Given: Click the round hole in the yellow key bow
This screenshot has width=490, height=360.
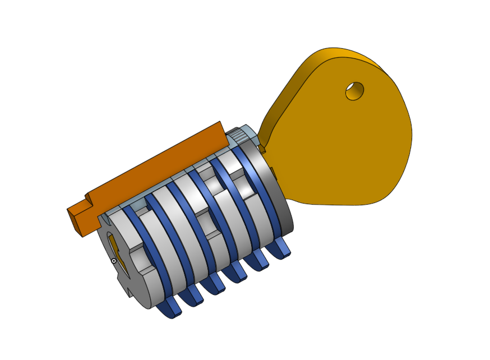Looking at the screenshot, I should tap(354, 90).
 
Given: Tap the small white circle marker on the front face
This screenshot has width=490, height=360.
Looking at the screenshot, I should tap(114, 261).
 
